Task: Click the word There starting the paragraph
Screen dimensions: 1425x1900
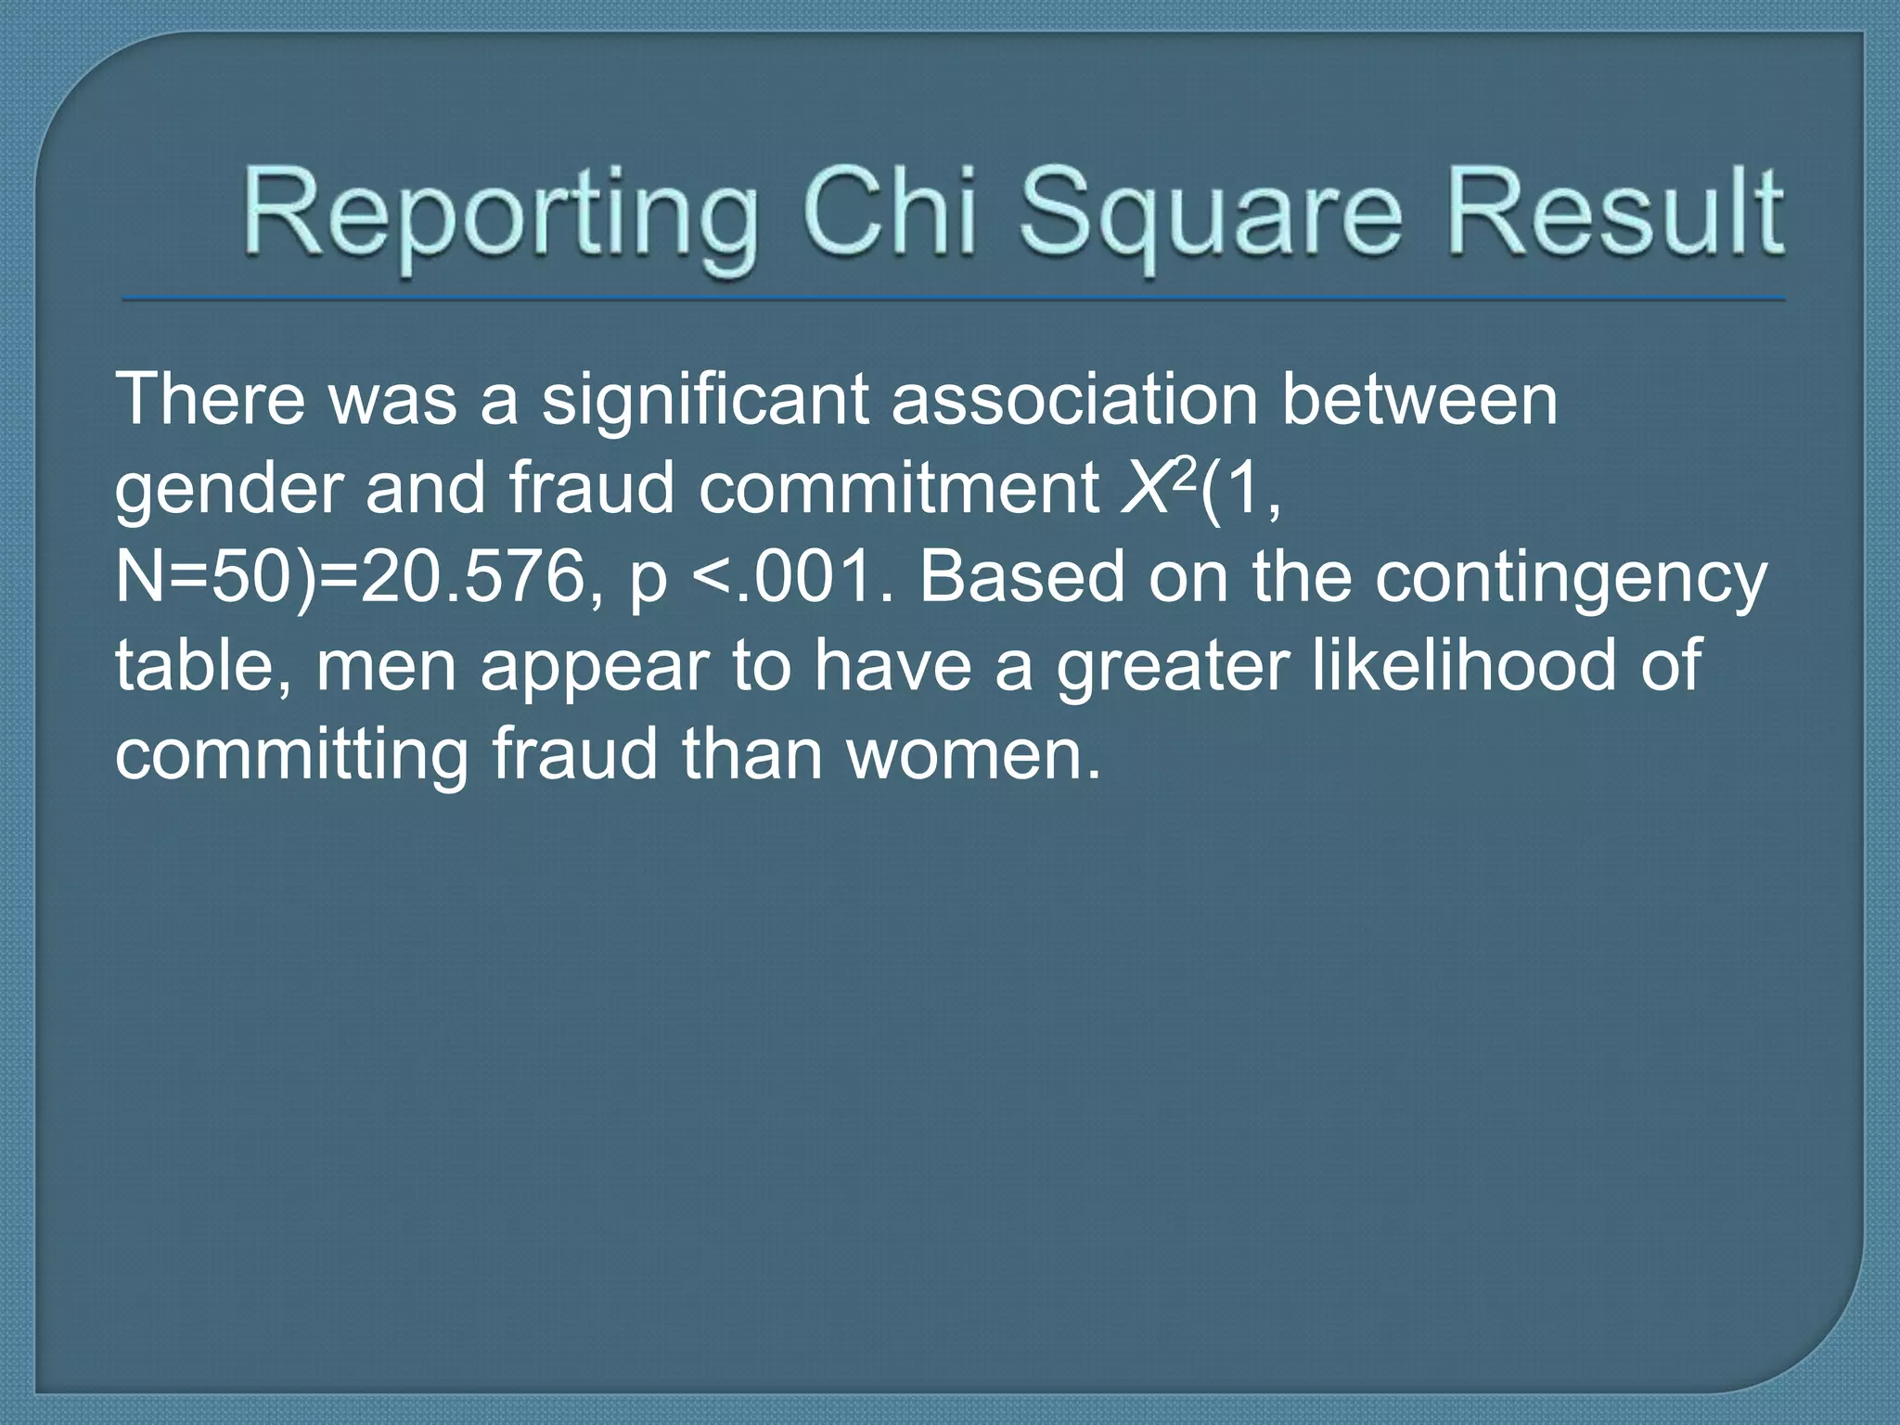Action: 210,399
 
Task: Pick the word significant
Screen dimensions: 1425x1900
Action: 704,401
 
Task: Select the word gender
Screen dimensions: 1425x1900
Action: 228,490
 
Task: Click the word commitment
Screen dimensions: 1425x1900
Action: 898,488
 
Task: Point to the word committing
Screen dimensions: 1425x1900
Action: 291,755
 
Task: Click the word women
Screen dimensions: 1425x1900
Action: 974,755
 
